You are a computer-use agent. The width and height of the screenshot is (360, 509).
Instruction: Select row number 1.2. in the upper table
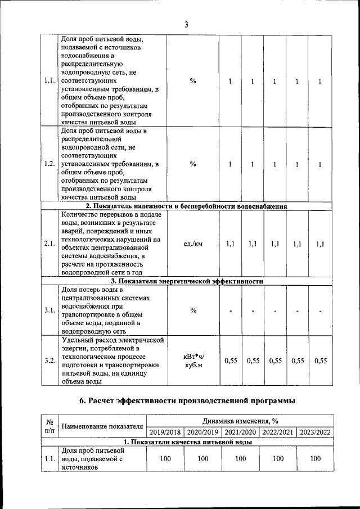point(49,164)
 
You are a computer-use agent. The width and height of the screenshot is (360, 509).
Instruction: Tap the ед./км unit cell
point(193,244)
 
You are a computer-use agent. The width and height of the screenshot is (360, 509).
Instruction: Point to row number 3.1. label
point(49,310)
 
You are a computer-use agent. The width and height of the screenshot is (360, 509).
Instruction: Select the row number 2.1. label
point(49,244)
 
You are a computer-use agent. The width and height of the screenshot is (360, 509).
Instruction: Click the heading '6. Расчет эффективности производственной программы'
point(186,400)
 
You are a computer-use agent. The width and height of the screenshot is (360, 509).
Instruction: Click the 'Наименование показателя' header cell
point(102,426)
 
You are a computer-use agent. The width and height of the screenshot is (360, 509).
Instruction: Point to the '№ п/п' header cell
point(49,426)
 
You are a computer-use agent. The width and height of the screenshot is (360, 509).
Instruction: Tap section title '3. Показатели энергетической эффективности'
point(186,281)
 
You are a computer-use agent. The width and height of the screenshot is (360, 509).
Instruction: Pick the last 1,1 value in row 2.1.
point(320,244)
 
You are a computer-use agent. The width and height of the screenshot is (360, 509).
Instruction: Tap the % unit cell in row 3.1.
point(193,310)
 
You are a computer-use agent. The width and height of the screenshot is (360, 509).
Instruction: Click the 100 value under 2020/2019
point(202,459)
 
